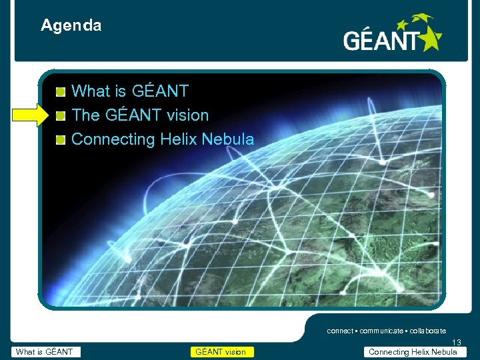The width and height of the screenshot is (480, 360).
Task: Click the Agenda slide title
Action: point(71,26)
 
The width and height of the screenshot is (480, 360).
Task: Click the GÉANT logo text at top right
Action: point(381,41)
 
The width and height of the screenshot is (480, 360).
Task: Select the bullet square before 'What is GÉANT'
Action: point(61,91)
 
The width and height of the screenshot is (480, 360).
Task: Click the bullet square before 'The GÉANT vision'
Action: point(61,115)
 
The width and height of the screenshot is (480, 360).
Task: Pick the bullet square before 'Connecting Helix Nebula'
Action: point(61,139)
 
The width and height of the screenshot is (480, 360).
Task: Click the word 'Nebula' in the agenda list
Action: point(228,139)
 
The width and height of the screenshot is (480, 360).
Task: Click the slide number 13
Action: point(457,343)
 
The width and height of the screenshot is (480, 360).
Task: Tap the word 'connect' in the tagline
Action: point(340,331)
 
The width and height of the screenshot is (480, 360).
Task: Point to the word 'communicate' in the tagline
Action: point(381,331)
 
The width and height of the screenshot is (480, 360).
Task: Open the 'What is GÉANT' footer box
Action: point(46,352)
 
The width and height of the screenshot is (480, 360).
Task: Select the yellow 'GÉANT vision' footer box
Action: point(221,352)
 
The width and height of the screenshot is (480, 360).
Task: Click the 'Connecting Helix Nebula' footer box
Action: point(413,352)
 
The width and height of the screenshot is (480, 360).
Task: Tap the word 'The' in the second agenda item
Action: point(85,115)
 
